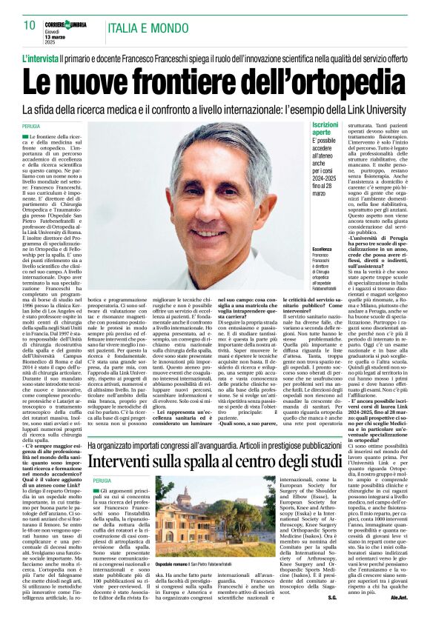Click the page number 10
30,25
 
